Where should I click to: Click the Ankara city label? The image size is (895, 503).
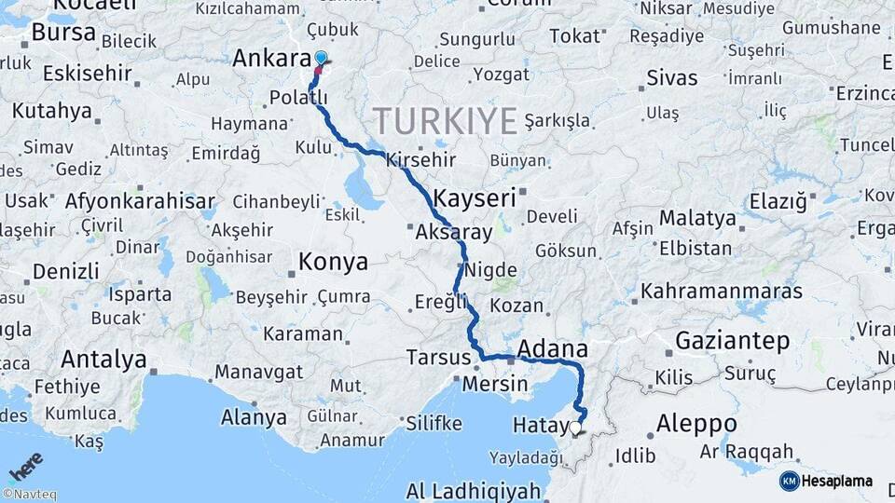click(x=270, y=59)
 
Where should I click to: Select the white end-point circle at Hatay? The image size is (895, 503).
click(x=575, y=428)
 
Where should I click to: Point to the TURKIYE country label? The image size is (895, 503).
click(x=446, y=121)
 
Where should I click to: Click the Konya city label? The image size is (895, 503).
click(x=333, y=262)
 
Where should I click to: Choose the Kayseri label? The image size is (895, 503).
click(x=475, y=197)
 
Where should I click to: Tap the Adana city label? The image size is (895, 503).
click(x=552, y=348)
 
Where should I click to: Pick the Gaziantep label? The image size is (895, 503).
click(x=733, y=340)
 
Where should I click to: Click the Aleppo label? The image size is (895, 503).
click(x=696, y=423)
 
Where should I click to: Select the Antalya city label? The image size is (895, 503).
click(x=103, y=359)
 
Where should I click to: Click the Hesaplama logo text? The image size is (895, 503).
click(x=836, y=481)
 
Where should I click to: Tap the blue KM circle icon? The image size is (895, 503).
click(x=789, y=481)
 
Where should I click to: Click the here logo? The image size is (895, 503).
click(x=25, y=466)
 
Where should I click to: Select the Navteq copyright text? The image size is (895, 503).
click(x=30, y=494)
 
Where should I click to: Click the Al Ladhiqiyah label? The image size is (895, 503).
click(x=473, y=491)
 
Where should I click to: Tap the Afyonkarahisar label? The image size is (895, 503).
click(x=140, y=200)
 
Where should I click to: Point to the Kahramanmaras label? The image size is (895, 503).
click(x=722, y=292)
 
